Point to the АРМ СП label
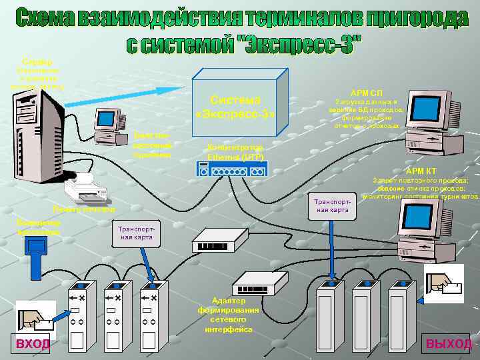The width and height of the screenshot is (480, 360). coord(367,91)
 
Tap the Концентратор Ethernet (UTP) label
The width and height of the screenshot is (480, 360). coord(236,151)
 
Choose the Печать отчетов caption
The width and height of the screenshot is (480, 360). coord(80,209)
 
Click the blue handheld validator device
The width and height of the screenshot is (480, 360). coord(33,254)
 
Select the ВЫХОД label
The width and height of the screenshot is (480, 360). coord(449,343)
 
